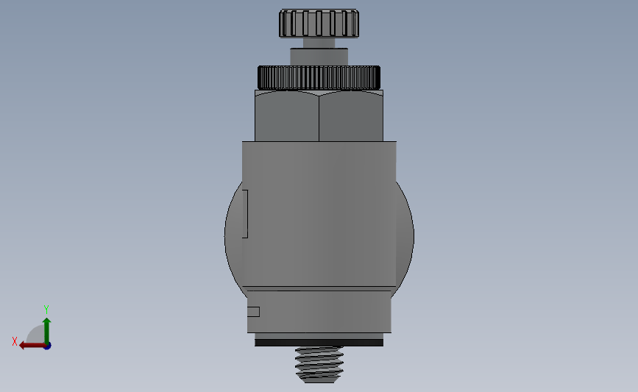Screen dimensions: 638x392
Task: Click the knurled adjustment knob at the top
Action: tap(319, 24)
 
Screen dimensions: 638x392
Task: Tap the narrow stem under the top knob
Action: tap(319, 43)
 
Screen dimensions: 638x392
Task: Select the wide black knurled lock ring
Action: tap(319, 78)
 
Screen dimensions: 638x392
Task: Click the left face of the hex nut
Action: tap(287, 116)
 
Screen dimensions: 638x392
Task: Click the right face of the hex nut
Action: tap(351, 116)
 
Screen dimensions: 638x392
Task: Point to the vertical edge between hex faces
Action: tap(319, 118)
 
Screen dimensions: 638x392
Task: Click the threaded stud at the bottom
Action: tap(319, 365)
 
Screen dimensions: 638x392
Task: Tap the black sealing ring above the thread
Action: tap(319, 343)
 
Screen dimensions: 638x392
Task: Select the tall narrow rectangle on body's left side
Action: tap(245, 214)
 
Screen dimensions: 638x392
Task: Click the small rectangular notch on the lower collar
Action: tap(253, 312)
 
